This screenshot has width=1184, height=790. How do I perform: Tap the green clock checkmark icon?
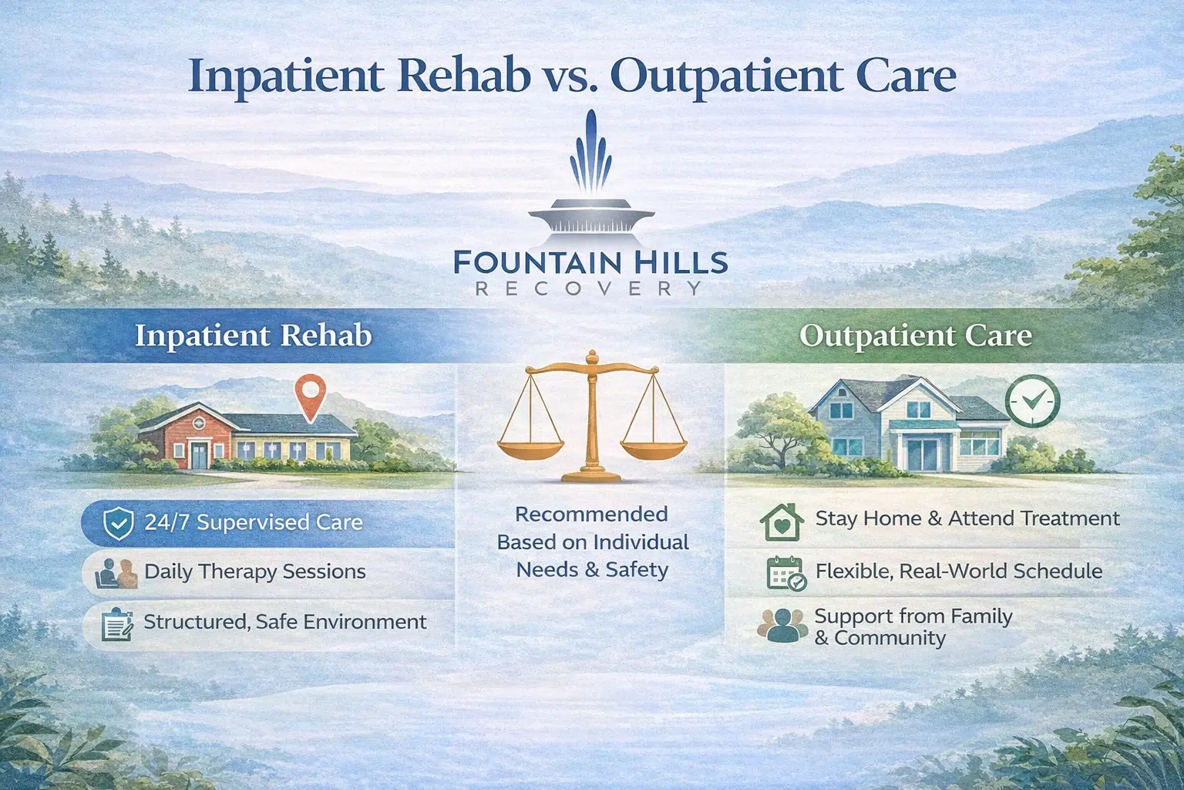[x=1032, y=400]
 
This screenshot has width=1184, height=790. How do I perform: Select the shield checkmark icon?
[x=118, y=523]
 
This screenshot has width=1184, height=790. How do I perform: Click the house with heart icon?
[x=781, y=522]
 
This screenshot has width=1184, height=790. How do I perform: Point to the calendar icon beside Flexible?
[x=785, y=573]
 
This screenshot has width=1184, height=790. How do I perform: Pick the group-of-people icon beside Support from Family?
[x=782, y=626]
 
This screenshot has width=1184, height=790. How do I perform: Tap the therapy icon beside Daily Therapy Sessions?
[x=116, y=574]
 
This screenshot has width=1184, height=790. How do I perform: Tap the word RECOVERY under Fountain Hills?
[x=590, y=289]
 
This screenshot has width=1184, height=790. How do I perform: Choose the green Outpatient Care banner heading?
[x=915, y=336]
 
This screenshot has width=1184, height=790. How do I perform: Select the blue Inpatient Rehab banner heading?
[x=253, y=336]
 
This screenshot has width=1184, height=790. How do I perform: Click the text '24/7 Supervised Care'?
[x=253, y=522]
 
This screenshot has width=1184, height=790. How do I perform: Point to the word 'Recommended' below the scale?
[x=591, y=515]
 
